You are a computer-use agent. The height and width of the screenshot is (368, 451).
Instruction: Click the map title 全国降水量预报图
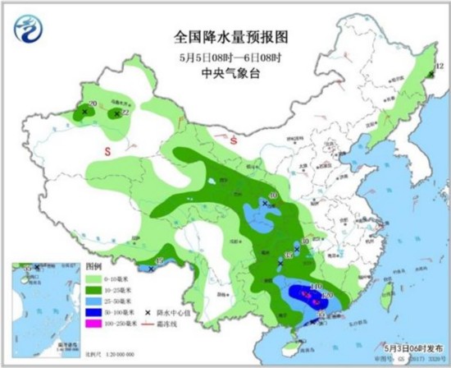pyautogui.click(x=224, y=38)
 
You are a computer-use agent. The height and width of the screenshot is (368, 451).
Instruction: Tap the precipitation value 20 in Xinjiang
pyautogui.click(x=92, y=103)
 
